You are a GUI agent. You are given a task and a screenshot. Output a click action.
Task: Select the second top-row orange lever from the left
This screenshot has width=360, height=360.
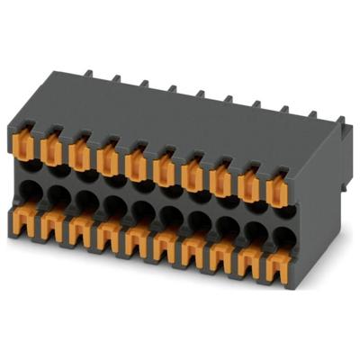tap(51, 152)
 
